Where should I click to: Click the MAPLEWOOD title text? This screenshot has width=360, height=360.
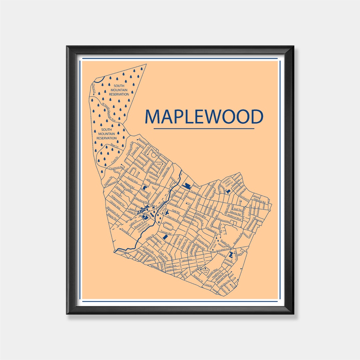[204, 116]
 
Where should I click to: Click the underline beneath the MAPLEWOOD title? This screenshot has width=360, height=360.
[204, 128]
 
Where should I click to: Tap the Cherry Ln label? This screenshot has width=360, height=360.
[94, 88]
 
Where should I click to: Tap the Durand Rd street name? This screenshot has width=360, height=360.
[128, 187]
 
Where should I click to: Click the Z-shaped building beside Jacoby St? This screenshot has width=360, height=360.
[230, 255]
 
